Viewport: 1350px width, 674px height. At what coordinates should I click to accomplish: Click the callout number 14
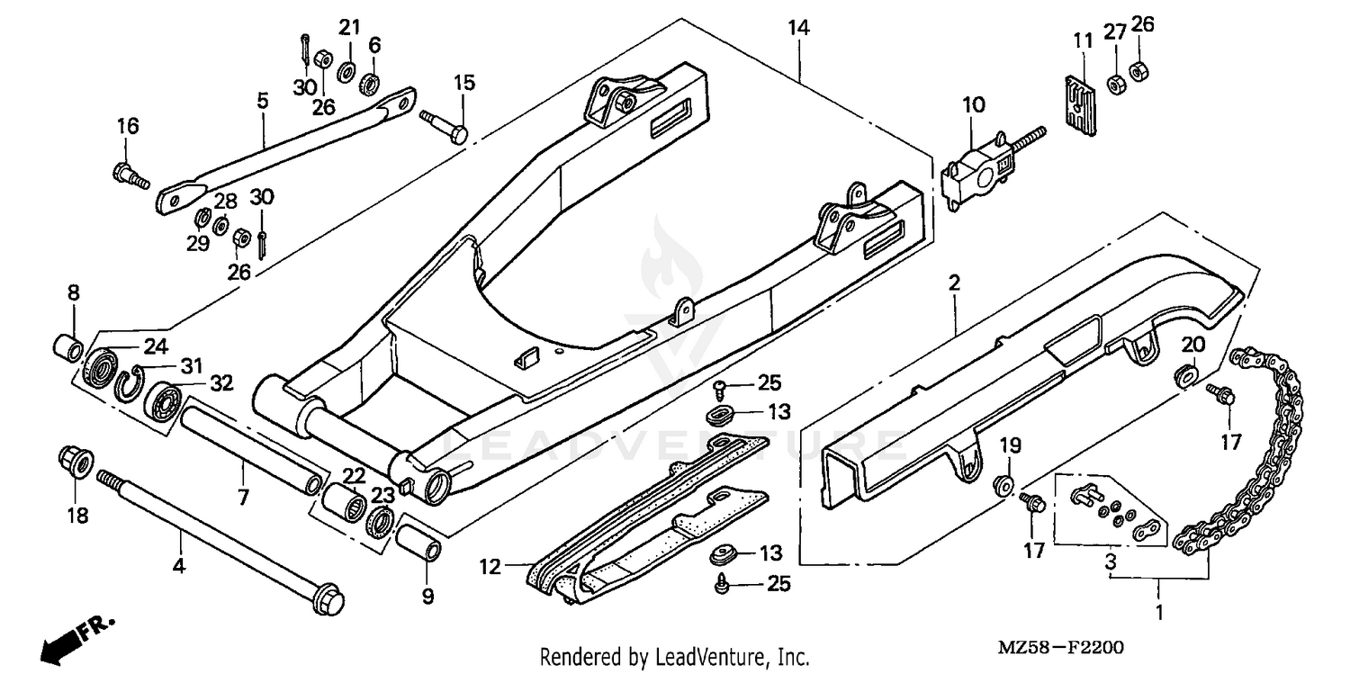797,28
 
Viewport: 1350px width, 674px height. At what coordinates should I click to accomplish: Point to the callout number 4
180,567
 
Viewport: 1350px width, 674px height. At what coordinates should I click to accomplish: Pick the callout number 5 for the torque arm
263,101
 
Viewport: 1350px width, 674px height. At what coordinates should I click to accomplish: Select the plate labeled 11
1076,96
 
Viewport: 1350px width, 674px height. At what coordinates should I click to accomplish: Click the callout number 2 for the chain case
953,284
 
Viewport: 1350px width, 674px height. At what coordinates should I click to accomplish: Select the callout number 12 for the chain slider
490,567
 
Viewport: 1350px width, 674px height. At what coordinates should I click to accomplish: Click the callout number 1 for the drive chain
1159,614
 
